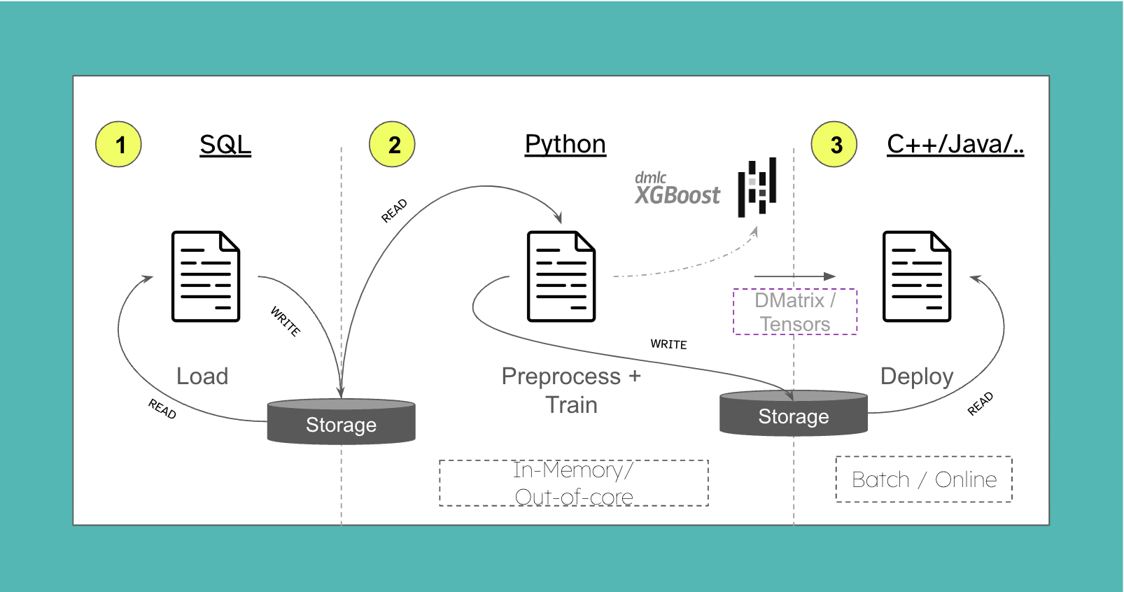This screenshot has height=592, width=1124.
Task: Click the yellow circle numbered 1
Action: pos(118,144)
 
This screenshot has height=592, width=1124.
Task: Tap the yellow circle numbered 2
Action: pos(392,144)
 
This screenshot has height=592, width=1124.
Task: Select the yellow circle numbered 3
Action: pos(834,144)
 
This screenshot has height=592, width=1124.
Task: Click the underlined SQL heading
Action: pos(225,145)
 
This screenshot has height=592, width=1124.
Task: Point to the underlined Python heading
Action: pos(565,144)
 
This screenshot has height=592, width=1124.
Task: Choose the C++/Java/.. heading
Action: pos(955,144)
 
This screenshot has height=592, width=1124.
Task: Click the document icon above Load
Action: pos(206,276)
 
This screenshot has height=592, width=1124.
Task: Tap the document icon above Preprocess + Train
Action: pos(561,276)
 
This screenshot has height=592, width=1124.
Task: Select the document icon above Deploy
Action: pos(916,276)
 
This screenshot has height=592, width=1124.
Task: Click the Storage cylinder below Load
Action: pos(341,422)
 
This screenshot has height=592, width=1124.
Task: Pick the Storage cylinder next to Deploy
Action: pos(793,414)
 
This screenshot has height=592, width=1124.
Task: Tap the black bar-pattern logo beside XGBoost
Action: pos(757,187)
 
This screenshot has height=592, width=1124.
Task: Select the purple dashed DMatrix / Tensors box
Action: pos(794,312)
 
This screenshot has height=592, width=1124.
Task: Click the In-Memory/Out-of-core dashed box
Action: pos(573,483)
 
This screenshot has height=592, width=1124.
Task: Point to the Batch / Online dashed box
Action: pos(923,479)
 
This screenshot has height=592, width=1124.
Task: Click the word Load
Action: pos(202,376)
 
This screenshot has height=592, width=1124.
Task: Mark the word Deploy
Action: pos(916,376)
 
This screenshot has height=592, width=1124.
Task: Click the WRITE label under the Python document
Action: pos(668,344)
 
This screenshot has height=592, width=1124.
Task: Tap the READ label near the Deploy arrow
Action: pos(980,404)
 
